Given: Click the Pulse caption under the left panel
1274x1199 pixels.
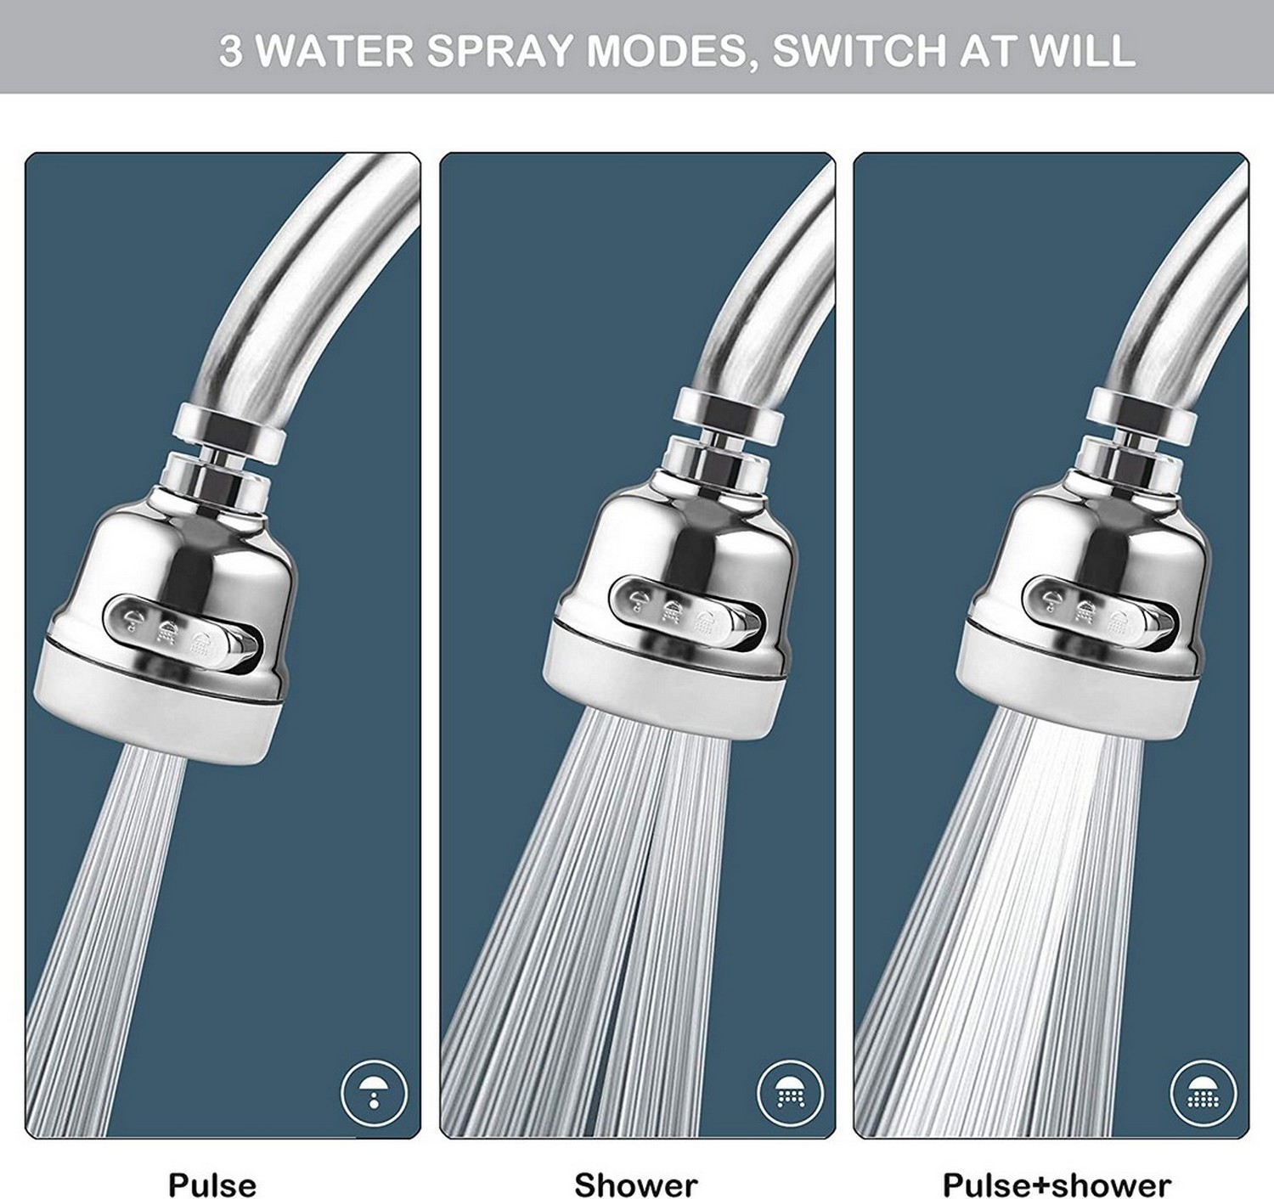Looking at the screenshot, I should [211, 1184].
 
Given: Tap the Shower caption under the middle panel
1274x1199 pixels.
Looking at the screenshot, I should [635, 1184].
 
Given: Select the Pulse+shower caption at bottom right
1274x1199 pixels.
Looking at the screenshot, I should [1057, 1184].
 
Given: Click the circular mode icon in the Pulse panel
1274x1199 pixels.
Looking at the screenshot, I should [375, 1092].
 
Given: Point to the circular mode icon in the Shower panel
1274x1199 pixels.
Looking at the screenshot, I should [790, 1092].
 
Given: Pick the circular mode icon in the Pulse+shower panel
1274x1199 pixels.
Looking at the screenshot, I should [1203, 1092].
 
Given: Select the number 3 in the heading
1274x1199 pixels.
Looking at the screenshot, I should [229, 51].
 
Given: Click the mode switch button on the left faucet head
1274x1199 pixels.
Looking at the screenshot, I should [181, 632].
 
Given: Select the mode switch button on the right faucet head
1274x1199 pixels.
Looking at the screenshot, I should [1096, 611].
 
